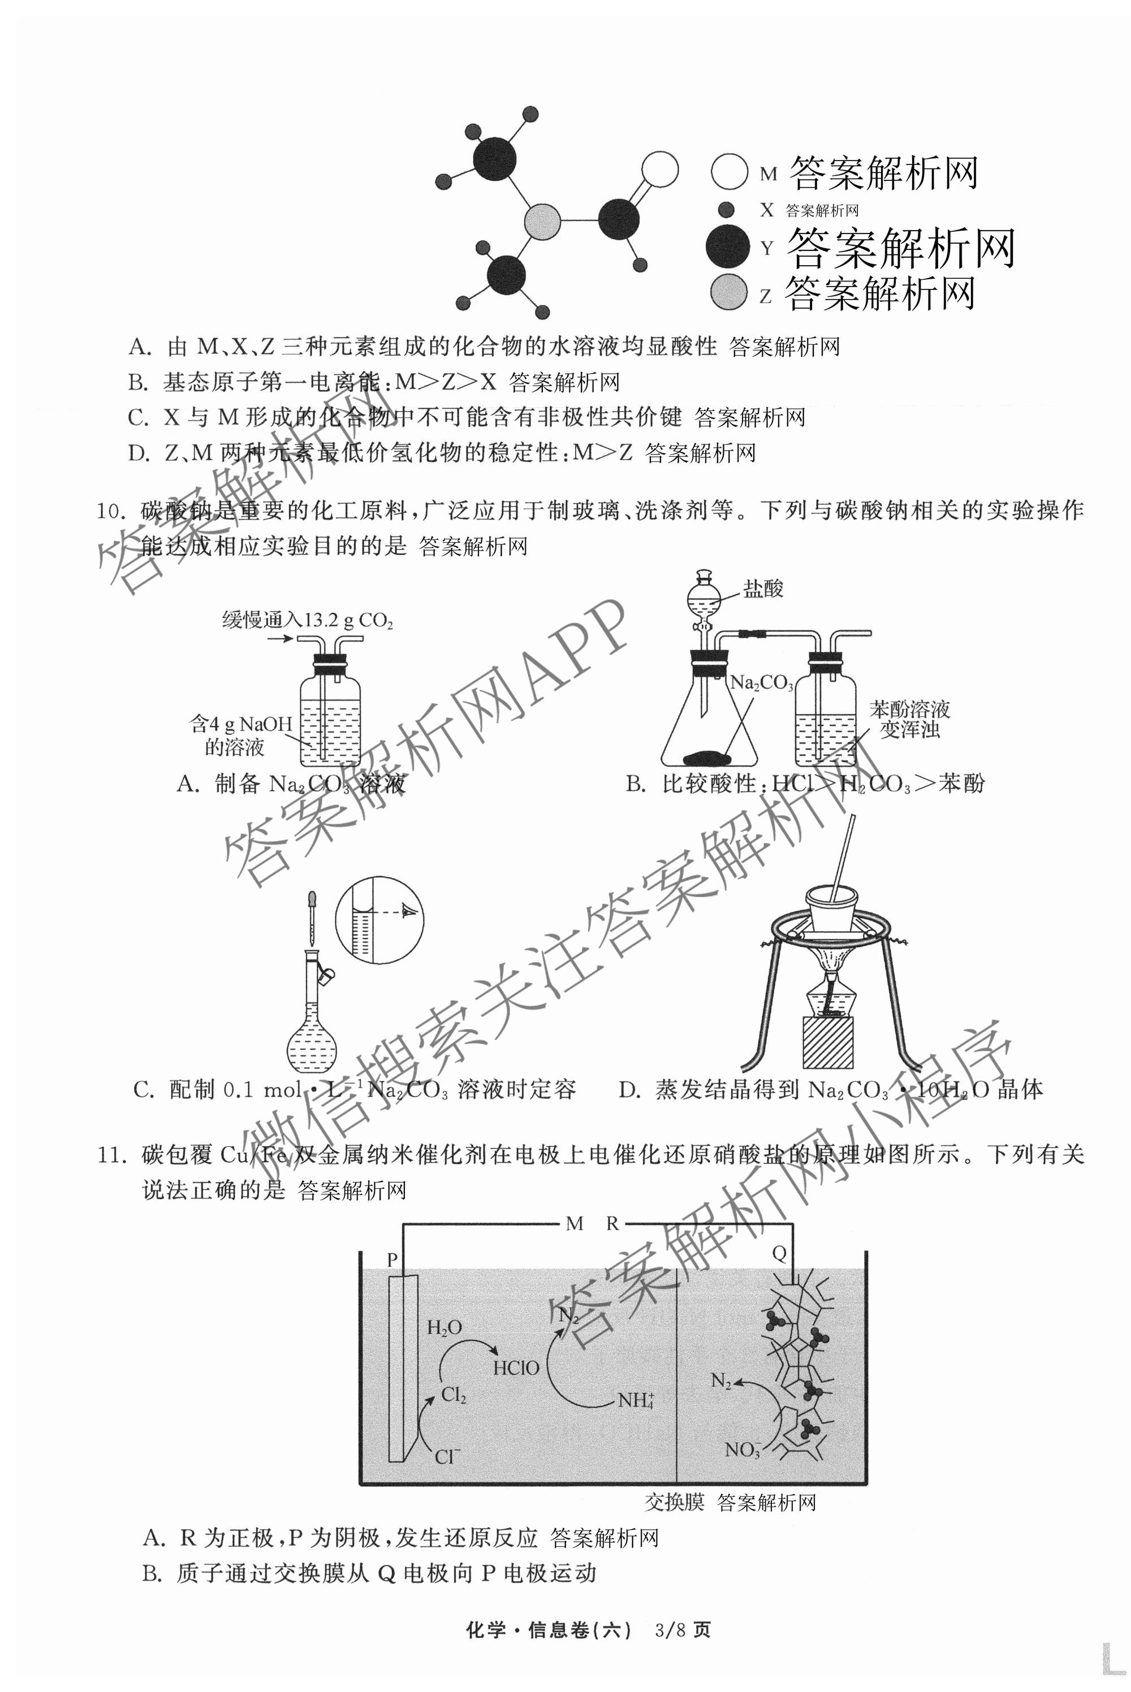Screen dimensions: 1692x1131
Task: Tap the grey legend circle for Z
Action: [x=728, y=292]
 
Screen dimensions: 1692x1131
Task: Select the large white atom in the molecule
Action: [x=659, y=170]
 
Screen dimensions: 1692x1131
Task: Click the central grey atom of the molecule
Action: [x=542, y=220]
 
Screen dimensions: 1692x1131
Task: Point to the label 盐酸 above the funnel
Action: [x=763, y=589]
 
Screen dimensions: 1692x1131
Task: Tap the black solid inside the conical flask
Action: [x=707, y=757]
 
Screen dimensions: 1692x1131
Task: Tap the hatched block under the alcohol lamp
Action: [x=827, y=1042]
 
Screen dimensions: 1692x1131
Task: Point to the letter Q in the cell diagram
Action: [x=779, y=1254]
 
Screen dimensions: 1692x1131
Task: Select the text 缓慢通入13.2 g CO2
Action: [x=308, y=620]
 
